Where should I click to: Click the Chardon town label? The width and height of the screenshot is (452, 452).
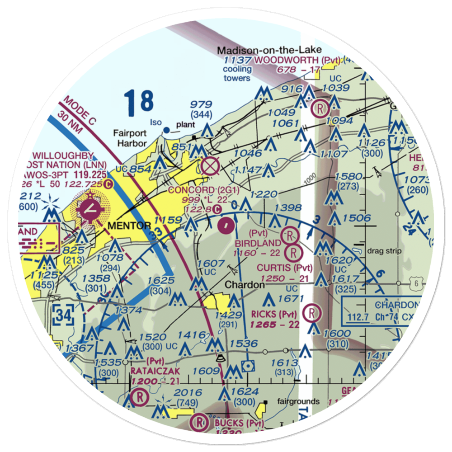(x=244, y=285)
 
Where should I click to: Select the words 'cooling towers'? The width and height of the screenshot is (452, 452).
(x=237, y=74)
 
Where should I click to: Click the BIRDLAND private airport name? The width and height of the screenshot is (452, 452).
(x=257, y=244)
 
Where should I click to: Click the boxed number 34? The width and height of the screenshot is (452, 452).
(x=62, y=314)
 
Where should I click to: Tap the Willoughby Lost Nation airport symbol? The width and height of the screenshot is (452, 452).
(x=92, y=208)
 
